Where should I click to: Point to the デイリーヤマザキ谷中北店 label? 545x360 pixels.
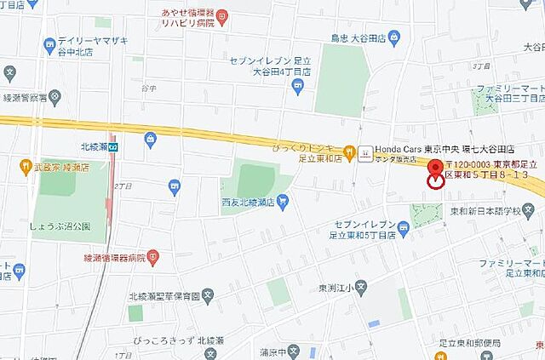pyautogui.click(x=90, y=45)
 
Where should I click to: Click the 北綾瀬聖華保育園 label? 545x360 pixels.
pyautogui.click(x=164, y=295)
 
